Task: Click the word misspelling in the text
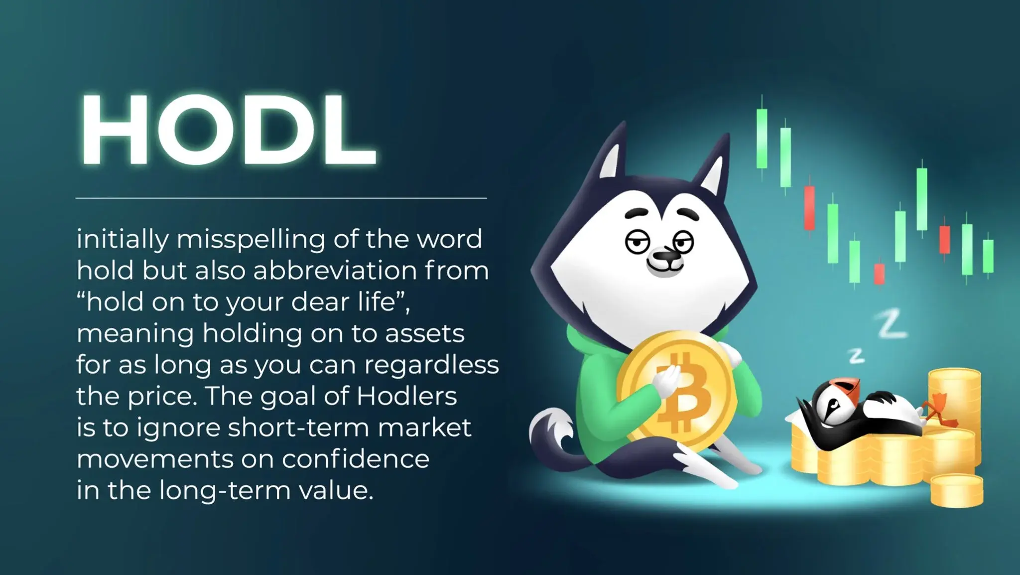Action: [x=251, y=240]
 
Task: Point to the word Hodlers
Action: [x=407, y=397]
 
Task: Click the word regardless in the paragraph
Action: [x=431, y=365]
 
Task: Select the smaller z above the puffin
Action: [x=856, y=355]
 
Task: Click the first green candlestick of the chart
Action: [x=762, y=138]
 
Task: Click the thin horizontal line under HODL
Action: [x=281, y=198]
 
